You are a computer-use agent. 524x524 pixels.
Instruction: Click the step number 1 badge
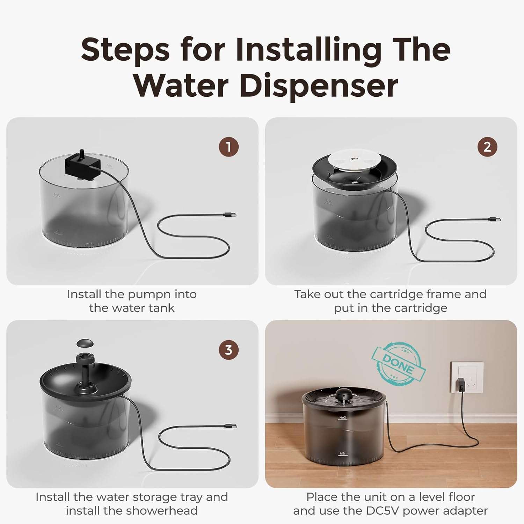tap(228, 147)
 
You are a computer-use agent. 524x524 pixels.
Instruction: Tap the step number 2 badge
tap(487, 147)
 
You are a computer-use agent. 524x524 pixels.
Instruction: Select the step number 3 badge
tap(228, 350)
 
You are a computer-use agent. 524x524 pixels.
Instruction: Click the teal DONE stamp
tap(398, 364)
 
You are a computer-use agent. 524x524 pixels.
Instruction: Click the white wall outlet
tap(467, 377)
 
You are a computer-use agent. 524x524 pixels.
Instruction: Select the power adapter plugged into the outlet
tap(461, 385)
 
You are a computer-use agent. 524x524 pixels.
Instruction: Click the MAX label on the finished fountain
tap(343, 417)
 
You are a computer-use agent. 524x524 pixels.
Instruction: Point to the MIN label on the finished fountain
tap(342, 453)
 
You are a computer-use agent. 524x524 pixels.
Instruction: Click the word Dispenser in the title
tap(319, 86)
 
